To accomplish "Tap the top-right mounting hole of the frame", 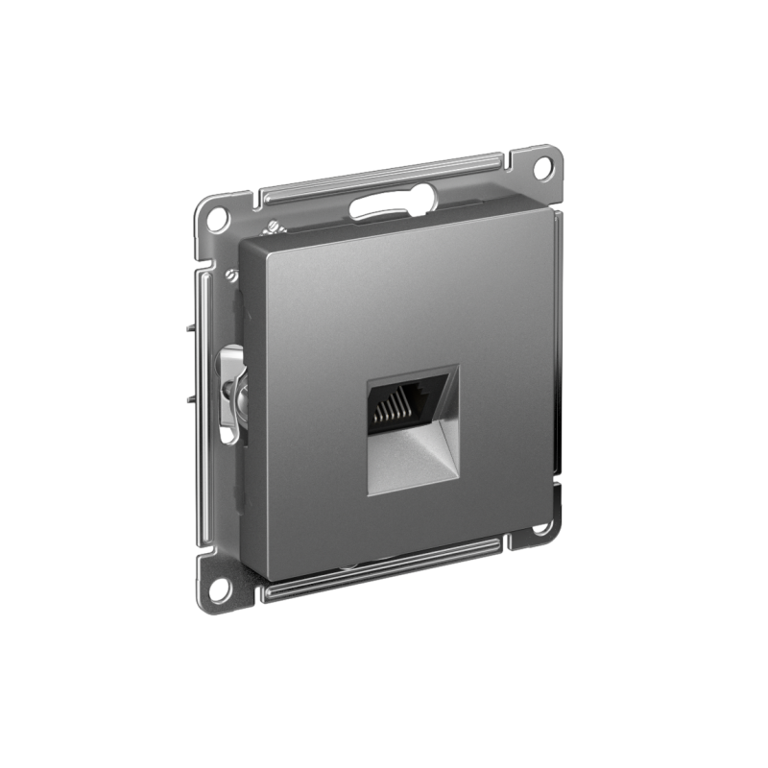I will coord(542,166).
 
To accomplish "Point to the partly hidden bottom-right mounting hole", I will coord(543,527).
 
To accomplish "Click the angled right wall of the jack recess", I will coord(452,422).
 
